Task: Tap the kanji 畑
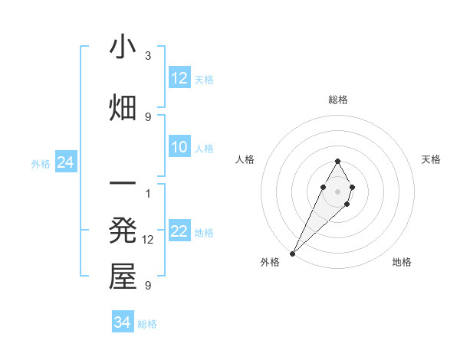coord(123,108)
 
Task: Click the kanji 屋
coord(123,277)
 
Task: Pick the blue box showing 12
coord(179,78)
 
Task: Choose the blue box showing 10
coord(179,148)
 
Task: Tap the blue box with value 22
coord(179,232)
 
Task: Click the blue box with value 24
coord(65,163)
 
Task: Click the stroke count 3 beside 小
coord(148,56)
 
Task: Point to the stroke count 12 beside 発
coord(149,240)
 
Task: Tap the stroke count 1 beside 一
coord(148,192)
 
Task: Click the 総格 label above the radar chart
coord(337,100)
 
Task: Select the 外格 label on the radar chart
coord(270,262)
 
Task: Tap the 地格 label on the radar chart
coord(402,262)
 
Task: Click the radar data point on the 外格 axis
coord(293,252)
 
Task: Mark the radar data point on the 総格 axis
coord(337,161)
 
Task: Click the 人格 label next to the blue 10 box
coord(204,149)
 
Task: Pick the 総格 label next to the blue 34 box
coord(147,324)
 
